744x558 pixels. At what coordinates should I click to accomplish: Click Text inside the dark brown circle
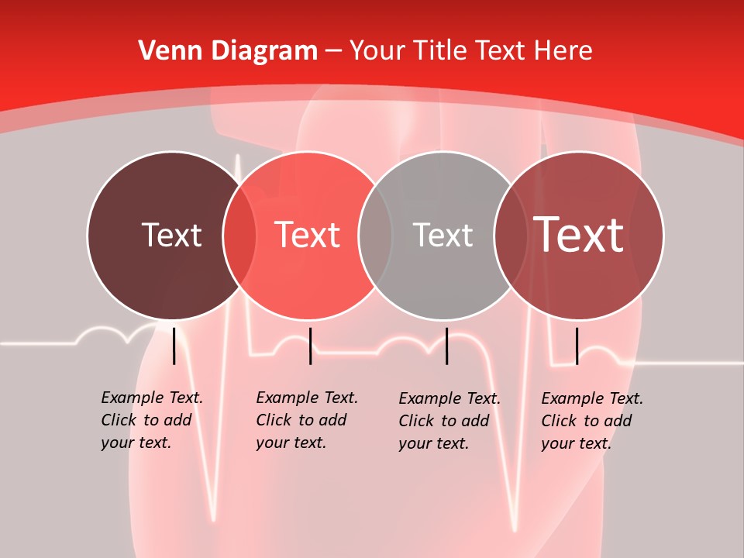pos(171,235)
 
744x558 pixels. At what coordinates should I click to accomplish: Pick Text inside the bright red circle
pos(307,235)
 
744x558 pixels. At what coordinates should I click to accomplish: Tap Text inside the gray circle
pos(443,235)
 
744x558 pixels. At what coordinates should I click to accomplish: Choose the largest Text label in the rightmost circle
pos(578,234)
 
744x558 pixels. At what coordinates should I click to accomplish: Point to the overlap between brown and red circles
pos(239,235)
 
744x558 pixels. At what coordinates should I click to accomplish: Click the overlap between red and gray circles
pos(375,235)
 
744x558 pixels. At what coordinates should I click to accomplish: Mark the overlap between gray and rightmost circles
pos(511,235)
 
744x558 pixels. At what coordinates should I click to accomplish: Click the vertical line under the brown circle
pos(174,346)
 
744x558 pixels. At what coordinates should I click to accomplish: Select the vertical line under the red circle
pos(310,346)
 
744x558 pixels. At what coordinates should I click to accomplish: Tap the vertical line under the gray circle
pos(446,346)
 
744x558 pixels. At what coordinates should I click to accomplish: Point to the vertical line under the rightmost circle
pos(577,346)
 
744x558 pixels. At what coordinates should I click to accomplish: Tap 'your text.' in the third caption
pos(433,443)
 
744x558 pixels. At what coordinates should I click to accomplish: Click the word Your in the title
pos(377,51)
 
